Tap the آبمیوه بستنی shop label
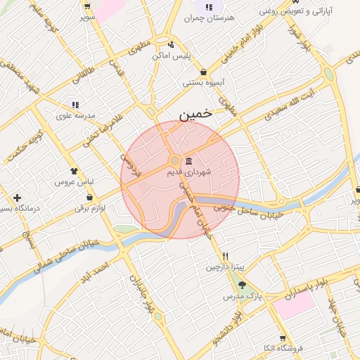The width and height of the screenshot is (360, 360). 204,83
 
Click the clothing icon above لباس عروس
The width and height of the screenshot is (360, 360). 75,170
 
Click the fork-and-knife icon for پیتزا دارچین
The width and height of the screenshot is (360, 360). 225,256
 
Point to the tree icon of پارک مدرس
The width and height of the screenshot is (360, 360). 243,285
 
